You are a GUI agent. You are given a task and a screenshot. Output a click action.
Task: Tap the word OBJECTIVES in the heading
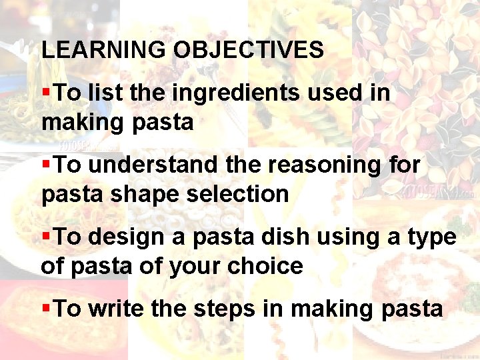click(x=249, y=50)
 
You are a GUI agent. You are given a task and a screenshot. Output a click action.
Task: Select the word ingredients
click(x=236, y=93)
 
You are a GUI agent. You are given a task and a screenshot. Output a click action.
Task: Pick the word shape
click(x=145, y=194)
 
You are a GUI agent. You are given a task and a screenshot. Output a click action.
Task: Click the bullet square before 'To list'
click(x=45, y=90)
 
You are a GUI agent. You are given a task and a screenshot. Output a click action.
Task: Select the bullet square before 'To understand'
click(x=45, y=162)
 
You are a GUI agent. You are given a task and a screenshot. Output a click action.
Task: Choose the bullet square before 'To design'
click(x=45, y=234)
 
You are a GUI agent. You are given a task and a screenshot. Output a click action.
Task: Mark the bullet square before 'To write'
click(x=45, y=306)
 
